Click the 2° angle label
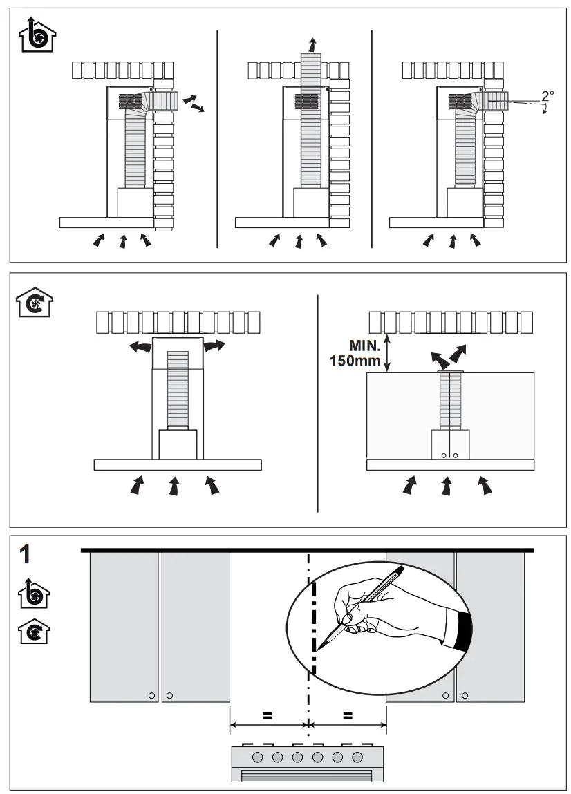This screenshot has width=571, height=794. click(548, 95)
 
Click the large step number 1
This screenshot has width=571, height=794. click(26, 555)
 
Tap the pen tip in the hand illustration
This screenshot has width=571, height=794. click(317, 648)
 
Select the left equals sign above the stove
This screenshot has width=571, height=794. click(267, 716)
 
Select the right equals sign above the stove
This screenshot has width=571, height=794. click(348, 716)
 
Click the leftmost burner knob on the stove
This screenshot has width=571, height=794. click(257, 757)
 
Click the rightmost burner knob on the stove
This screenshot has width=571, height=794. click(357, 757)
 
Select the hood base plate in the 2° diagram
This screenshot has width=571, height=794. click(436, 223)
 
